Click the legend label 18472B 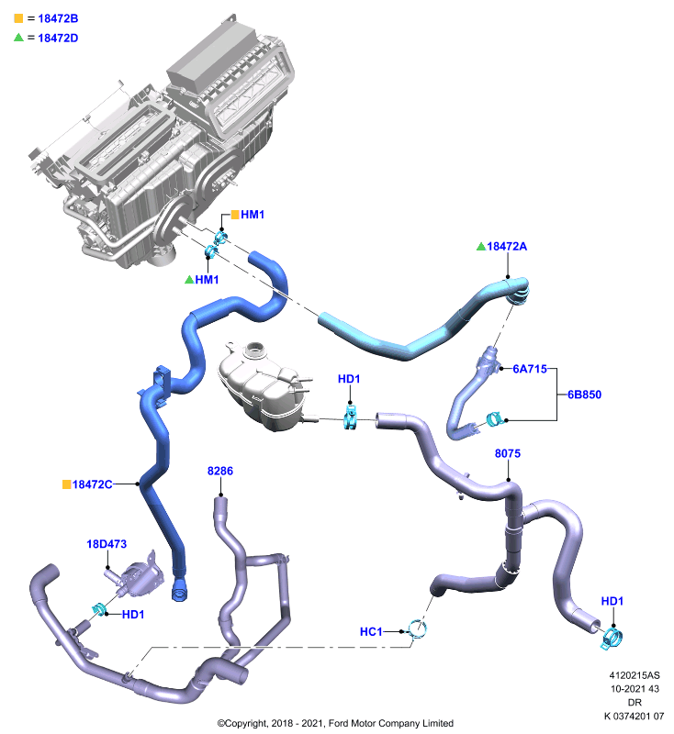click(58, 18)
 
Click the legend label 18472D click(58, 38)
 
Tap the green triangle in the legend click(18, 38)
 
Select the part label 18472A click(507, 246)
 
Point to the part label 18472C click(92, 484)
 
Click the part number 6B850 click(584, 395)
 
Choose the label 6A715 click(530, 369)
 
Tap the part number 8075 click(508, 453)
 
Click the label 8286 click(220, 471)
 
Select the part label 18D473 click(107, 544)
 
